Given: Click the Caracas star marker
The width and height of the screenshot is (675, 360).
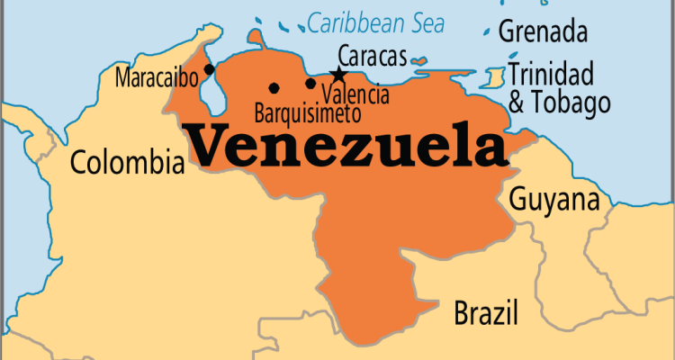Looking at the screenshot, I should tap(338, 75).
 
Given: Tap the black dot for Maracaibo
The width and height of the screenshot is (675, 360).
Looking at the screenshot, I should tap(210, 68).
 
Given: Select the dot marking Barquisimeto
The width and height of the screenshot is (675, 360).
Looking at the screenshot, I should tap(274, 88).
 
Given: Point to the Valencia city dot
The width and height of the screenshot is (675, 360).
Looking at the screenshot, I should tap(310, 84).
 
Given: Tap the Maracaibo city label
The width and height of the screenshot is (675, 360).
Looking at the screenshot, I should tap(157, 77).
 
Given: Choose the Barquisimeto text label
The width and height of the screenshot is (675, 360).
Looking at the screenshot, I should tap(307, 114).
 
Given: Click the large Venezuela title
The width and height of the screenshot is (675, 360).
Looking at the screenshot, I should tap(346, 148).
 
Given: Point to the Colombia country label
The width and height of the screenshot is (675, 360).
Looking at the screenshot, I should tap(126, 163).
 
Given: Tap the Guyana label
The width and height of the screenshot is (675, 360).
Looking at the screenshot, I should tap(554, 200).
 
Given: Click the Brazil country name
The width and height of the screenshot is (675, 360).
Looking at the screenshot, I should tap(486, 314).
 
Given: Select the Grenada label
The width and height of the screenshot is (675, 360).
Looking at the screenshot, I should tap(543, 32).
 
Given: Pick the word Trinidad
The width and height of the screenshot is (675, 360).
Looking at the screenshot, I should tap(550, 74).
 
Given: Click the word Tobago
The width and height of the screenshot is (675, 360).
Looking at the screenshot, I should tap(572, 103).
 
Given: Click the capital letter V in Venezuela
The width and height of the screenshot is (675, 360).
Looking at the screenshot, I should tap(207, 146).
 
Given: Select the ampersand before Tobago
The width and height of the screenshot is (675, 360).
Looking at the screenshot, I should tap(517, 103).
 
